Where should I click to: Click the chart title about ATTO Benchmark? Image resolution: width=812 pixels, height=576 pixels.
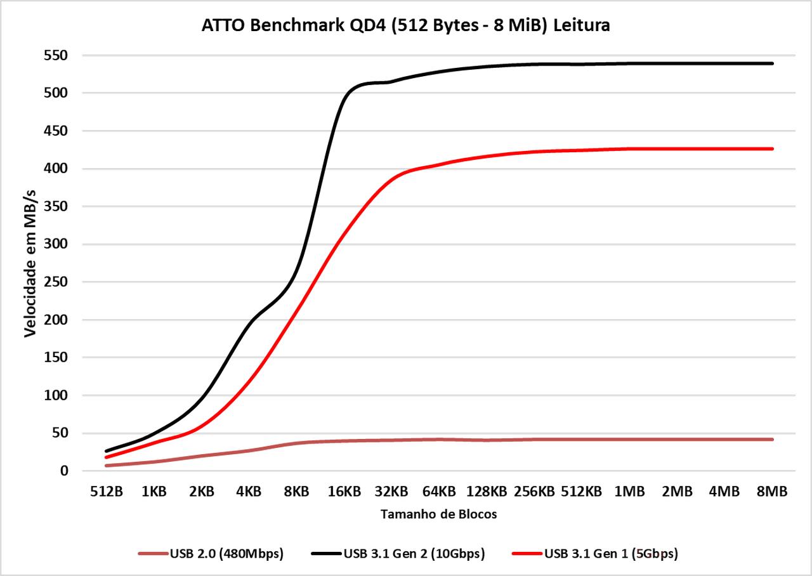(x=406, y=26)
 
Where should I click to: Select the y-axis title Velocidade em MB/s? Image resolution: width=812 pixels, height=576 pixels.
(x=30, y=263)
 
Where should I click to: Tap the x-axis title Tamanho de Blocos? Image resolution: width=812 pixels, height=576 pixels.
(x=438, y=514)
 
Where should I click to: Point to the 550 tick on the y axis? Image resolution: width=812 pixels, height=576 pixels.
(x=56, y=56)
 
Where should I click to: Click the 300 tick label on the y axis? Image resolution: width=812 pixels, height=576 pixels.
(x=56, y=244)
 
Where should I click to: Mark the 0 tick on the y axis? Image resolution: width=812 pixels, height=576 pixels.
(x=63, y=471)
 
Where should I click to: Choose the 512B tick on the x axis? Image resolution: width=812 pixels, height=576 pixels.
(x=107, y=492)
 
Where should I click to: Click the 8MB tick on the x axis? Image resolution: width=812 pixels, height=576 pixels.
(x=772, y=492)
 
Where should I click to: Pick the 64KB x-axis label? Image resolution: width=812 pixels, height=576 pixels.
(x=440, y=492)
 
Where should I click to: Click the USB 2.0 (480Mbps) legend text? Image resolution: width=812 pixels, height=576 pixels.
(x=226, y=554)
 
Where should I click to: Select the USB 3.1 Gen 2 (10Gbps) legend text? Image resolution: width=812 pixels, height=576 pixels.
(x=414, y=554)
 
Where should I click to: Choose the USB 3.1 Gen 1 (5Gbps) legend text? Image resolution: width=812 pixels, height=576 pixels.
(x=611, y=554)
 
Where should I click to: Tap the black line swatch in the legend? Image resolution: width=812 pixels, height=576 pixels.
(x=325, y=554)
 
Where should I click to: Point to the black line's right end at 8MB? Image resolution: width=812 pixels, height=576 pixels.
(x=772, y=63)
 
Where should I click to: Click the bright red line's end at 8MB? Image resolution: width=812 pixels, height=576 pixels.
(x=772, y=148)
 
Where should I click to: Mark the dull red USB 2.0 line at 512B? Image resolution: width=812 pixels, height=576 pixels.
(x=107, y=466)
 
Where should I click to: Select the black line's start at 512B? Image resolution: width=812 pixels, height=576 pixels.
(x=107, y=451)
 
